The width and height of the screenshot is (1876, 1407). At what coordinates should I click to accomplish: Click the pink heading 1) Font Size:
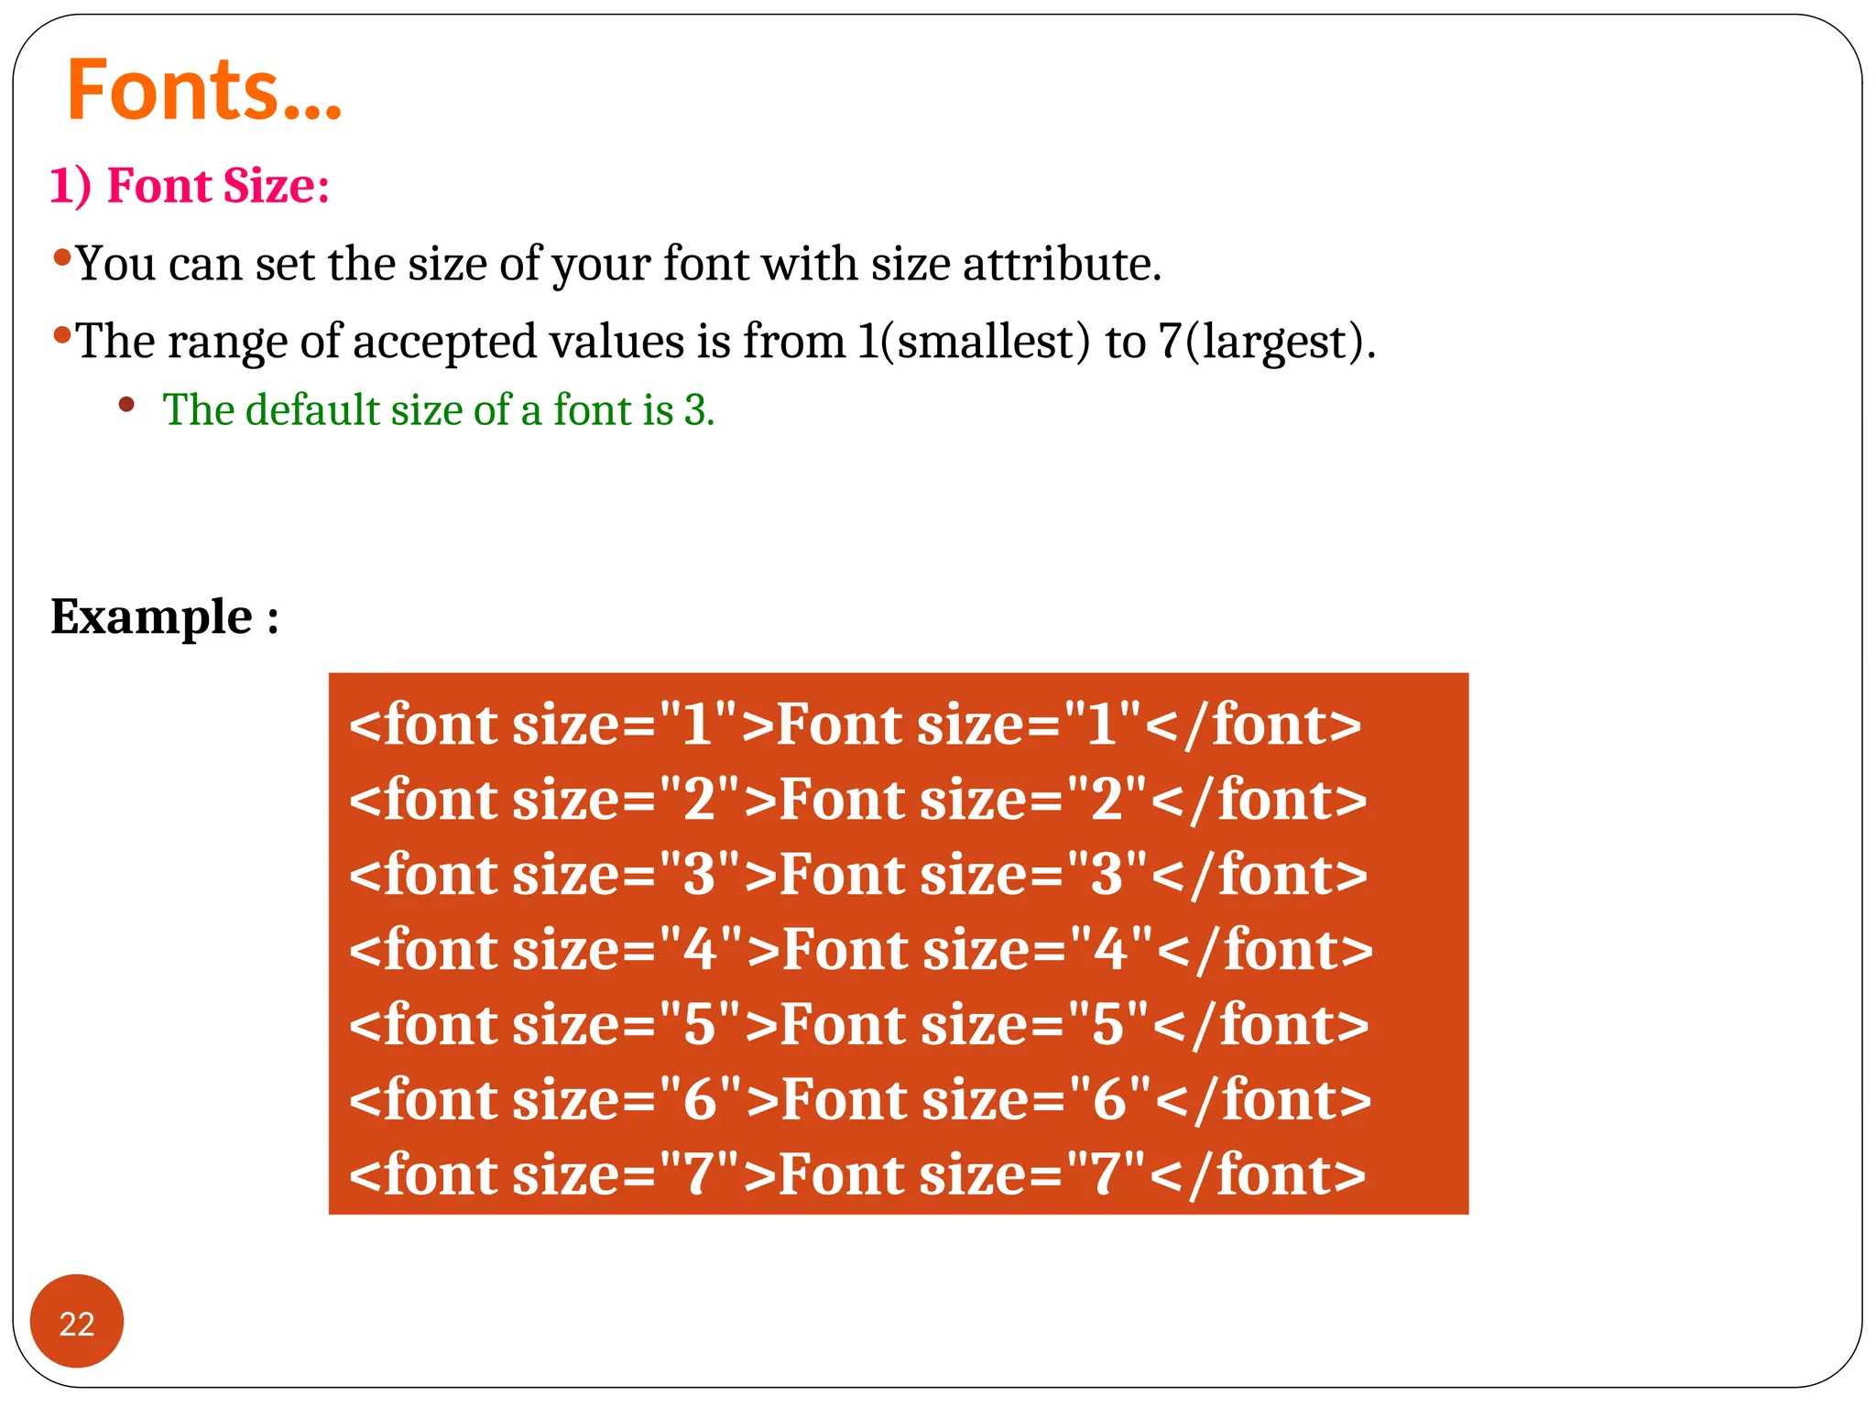pos(190,186)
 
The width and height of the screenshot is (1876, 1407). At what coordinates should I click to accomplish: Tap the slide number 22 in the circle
pos(77,1324)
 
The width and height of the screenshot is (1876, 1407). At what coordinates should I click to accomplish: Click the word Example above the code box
pos(151,616)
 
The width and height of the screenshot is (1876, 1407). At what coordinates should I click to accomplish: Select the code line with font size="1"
pos(855,725)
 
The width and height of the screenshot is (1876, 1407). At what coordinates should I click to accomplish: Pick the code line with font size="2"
pos(857,800)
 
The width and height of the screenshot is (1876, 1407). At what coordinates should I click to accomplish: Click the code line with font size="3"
pos(857,875)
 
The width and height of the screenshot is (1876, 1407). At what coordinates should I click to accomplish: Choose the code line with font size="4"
pos(860,950)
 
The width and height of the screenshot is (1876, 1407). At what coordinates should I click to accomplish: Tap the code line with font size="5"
pos(858,1025)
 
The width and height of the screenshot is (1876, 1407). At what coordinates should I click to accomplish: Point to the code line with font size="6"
pos(859,1100)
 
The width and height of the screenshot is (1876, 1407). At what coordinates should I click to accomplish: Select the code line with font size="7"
pos(856,1175)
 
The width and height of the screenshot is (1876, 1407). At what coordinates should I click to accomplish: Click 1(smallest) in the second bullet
pos(974,343)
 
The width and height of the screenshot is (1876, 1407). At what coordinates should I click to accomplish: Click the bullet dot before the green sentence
pos(126,404)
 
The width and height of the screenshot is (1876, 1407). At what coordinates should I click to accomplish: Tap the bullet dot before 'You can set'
pos(62,257)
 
